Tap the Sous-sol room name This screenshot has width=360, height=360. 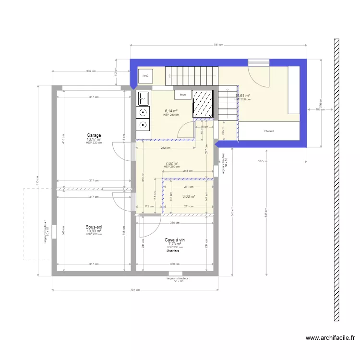[94, 227]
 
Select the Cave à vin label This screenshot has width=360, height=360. [175, 240]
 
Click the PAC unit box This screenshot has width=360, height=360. [145, 76]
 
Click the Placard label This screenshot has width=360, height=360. [268, 131]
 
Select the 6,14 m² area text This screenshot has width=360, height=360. [171, 111]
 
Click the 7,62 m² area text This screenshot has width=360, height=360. [172, 163]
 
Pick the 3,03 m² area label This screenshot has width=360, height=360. [189, 196]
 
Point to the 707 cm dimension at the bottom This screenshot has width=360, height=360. [136, 290]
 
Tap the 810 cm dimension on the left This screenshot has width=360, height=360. [36, 181]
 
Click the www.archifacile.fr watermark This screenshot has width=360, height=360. [332, 338]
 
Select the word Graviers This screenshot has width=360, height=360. [173, 251]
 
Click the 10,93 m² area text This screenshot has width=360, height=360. [94, 231]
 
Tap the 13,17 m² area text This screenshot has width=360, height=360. [94, 139]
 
